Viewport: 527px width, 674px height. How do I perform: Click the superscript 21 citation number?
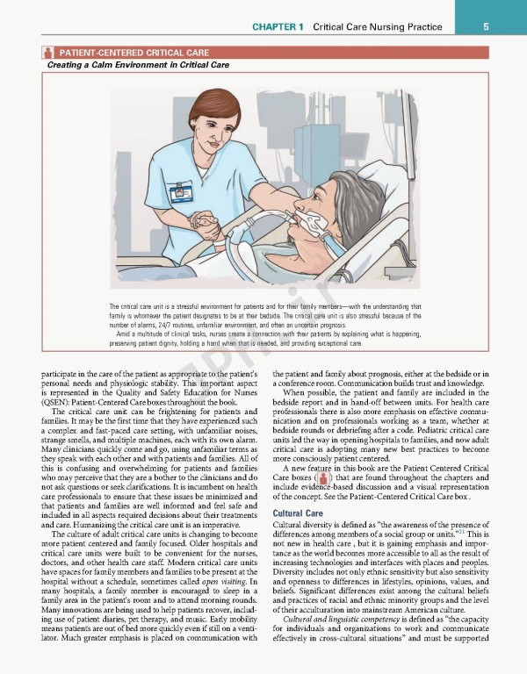pyautogui.click(x=459, y=530)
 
